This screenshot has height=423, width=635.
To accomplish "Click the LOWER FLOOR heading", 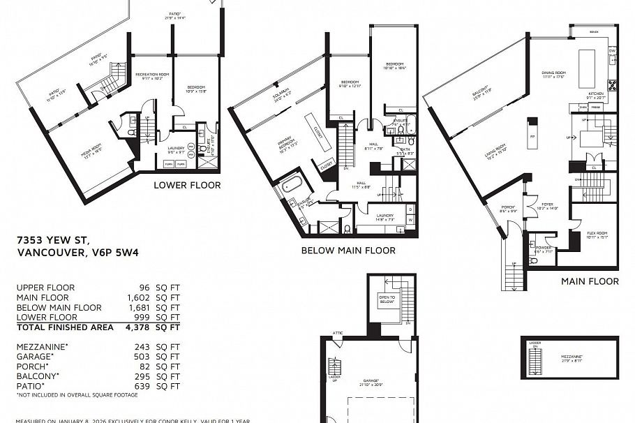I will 187,185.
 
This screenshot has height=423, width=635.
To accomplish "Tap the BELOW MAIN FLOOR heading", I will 348,250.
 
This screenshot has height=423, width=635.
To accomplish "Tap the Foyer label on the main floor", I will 547,206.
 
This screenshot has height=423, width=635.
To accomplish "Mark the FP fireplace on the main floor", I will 532,135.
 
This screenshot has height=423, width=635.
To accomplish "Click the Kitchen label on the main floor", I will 595,94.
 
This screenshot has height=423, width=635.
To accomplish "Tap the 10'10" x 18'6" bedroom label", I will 394,66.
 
